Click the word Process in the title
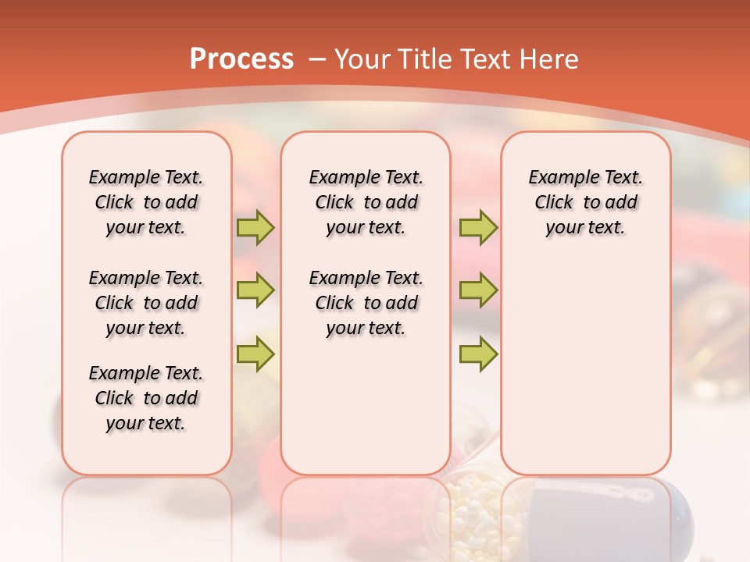click(241, 59)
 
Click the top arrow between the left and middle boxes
click(255, 227)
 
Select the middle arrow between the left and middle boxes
click(255, 290)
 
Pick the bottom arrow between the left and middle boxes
click(255, 354)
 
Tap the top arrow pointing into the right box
click(478, 227)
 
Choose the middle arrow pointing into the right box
click(478, 290)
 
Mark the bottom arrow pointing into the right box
click(478, 354)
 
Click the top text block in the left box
click(146, 202)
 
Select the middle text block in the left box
click(146, 303)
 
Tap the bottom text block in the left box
click(146, 398)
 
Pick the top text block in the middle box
click(366, 202)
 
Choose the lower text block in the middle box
click(366, 303)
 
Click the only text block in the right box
click(585, 202)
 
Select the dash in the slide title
click(317, 59)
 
